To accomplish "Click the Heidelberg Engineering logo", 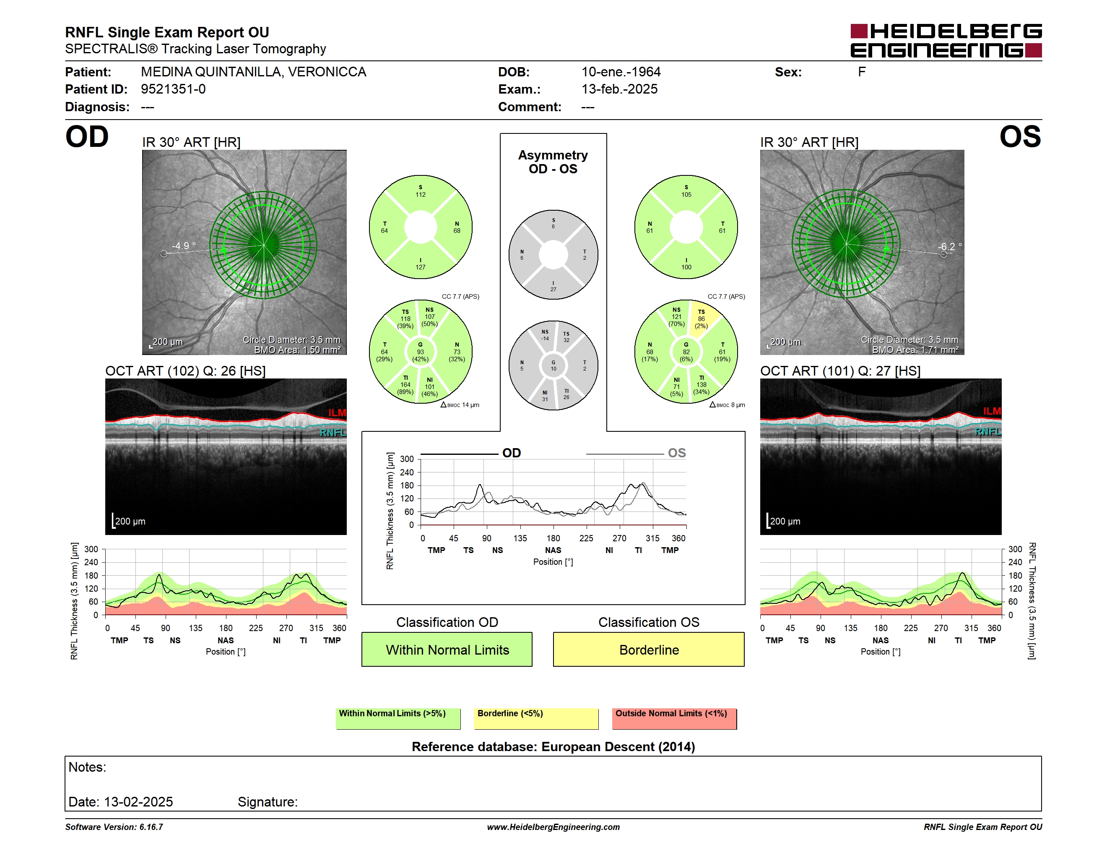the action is click(946, 41).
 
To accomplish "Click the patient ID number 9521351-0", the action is click(173, 89).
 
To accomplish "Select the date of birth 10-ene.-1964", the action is click(621, 72).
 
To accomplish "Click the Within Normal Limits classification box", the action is click(447, 649).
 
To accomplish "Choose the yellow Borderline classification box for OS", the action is click(649, 649).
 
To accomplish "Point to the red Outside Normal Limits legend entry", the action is click(674, 718).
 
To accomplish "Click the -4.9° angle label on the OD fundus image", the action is click(184, 246).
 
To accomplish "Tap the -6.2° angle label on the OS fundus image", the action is click(949, 247).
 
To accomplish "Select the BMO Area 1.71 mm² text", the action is click(915, 350).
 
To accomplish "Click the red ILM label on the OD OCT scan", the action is click(337, 413).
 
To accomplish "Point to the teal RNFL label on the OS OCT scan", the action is click(988, 431).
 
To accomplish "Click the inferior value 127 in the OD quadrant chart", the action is click(421, 267).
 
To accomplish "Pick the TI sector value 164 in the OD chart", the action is click(405, 385).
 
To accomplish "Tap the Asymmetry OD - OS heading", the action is click(553, 162).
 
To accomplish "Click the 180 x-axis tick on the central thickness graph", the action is click(553, 538).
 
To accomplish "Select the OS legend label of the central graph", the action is click(677, 453).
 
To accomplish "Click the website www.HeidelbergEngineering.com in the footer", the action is click(553, 827).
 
